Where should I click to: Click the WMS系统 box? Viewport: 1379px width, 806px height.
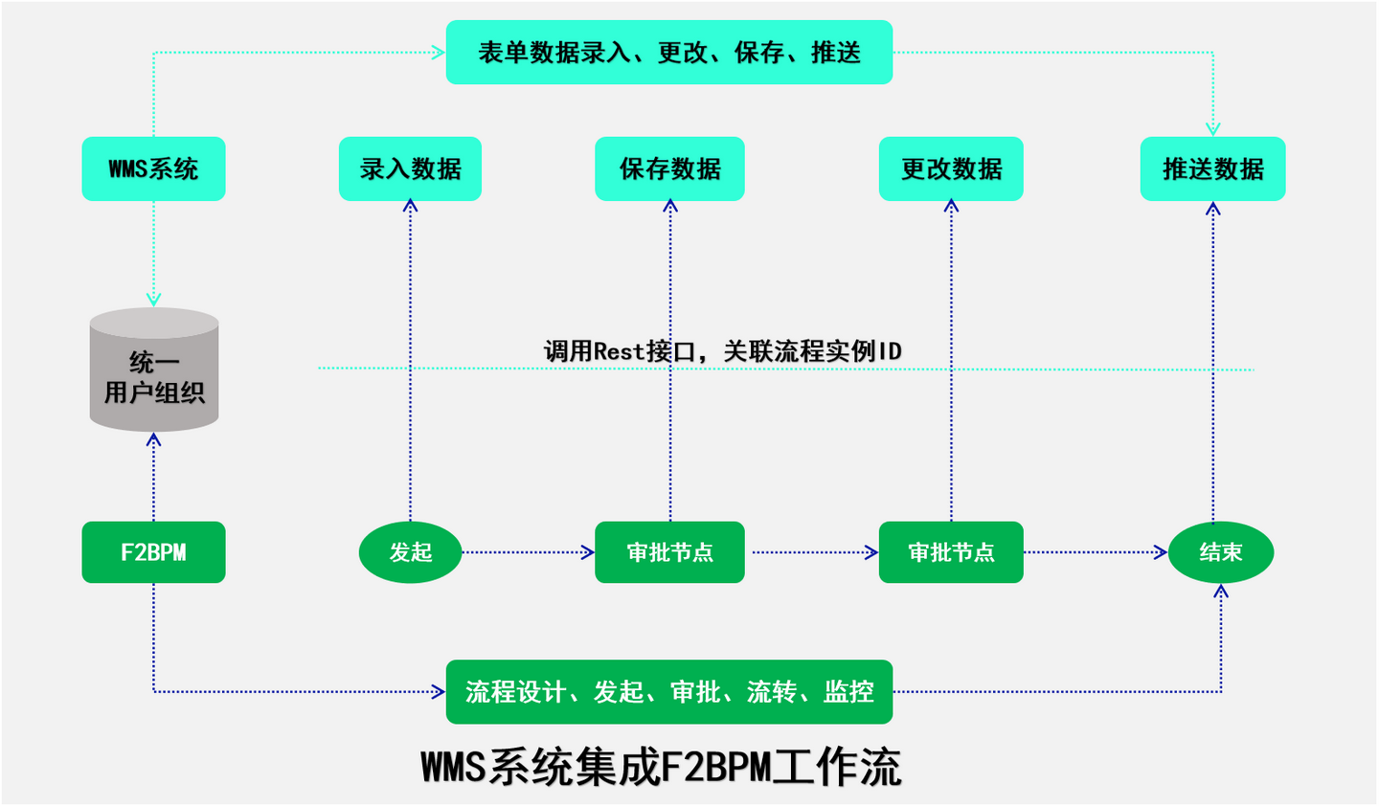(x=153, y=169)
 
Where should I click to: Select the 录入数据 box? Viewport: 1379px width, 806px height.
(x=410, y=169)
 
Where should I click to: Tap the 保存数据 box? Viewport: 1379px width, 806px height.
(x=669, y=169)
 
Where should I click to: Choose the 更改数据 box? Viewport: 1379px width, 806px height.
(x=951, y=169)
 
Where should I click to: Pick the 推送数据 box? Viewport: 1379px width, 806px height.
(x=1212, y=169)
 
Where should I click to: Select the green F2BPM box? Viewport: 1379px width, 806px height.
(x=153, y=552)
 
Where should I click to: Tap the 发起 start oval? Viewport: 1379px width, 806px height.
(x=410, y=552)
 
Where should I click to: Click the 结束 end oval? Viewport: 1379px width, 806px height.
(x=1221, y=552)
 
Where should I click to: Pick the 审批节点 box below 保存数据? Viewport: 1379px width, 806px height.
(x=669, y=552)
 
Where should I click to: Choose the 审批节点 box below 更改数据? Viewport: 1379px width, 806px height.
(x=951, y=552)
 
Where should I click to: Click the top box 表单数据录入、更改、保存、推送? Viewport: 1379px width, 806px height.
(x=669, y=53)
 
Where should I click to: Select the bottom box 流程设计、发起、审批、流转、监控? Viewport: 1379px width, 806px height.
(x=669, y=691)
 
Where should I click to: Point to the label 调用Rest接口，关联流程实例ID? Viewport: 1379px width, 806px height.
(x=723, y=351)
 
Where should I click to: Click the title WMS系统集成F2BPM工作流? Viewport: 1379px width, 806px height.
(x=661, y=768)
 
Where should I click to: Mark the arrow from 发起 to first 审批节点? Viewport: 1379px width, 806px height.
(x=528, y=552)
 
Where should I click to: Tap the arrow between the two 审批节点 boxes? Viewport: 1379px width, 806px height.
(x=812, y=552)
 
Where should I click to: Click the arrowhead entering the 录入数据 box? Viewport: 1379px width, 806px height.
(x=411, y=205)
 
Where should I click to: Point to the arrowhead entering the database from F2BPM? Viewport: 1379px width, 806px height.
(x=153, y=439)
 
